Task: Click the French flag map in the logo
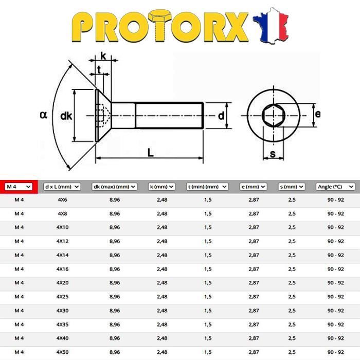tap(271, 26)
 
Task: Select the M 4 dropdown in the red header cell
tap(19, 187)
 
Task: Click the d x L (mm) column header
tap(62, 187)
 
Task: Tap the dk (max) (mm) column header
tap(114, 187)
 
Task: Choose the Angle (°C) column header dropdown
tap(335, 187)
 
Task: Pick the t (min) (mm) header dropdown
tap(207, 187)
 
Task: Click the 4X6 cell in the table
tap(62, 200)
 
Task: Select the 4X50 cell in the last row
tap(62, 352)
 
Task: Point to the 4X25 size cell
tap(62, 297)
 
